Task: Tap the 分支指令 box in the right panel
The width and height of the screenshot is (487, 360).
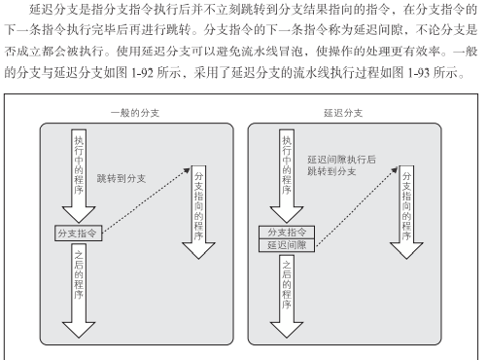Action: [288, 232]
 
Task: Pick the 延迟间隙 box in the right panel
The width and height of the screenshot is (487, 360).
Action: [288, 245]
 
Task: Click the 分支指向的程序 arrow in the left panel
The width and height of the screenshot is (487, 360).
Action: [199, 214]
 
